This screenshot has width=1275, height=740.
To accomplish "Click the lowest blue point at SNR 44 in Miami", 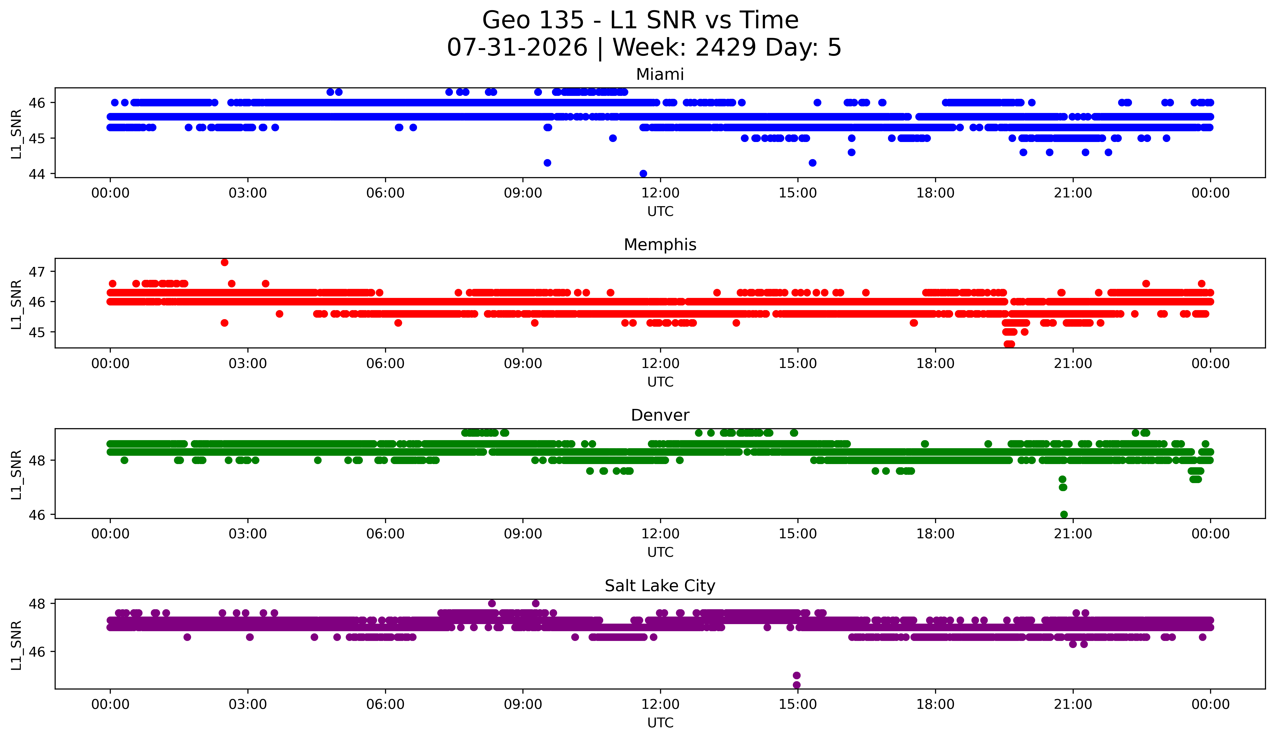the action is coord(643,173).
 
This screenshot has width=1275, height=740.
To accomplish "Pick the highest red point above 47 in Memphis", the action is coord(225,262).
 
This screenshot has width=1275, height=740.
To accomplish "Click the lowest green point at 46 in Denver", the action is coord(1064,514).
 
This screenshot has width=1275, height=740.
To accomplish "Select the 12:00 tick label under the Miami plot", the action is coord(660,193).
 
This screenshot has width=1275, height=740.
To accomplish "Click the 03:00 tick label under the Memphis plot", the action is coord(248,364).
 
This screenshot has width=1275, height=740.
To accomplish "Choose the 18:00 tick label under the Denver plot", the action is coord(936,534).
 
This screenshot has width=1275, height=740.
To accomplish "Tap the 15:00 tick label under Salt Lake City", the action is coord(798,705).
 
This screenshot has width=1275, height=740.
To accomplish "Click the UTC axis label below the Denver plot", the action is coord(660,552).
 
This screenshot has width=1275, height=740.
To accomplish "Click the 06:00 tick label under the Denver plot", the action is coord(386,534).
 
